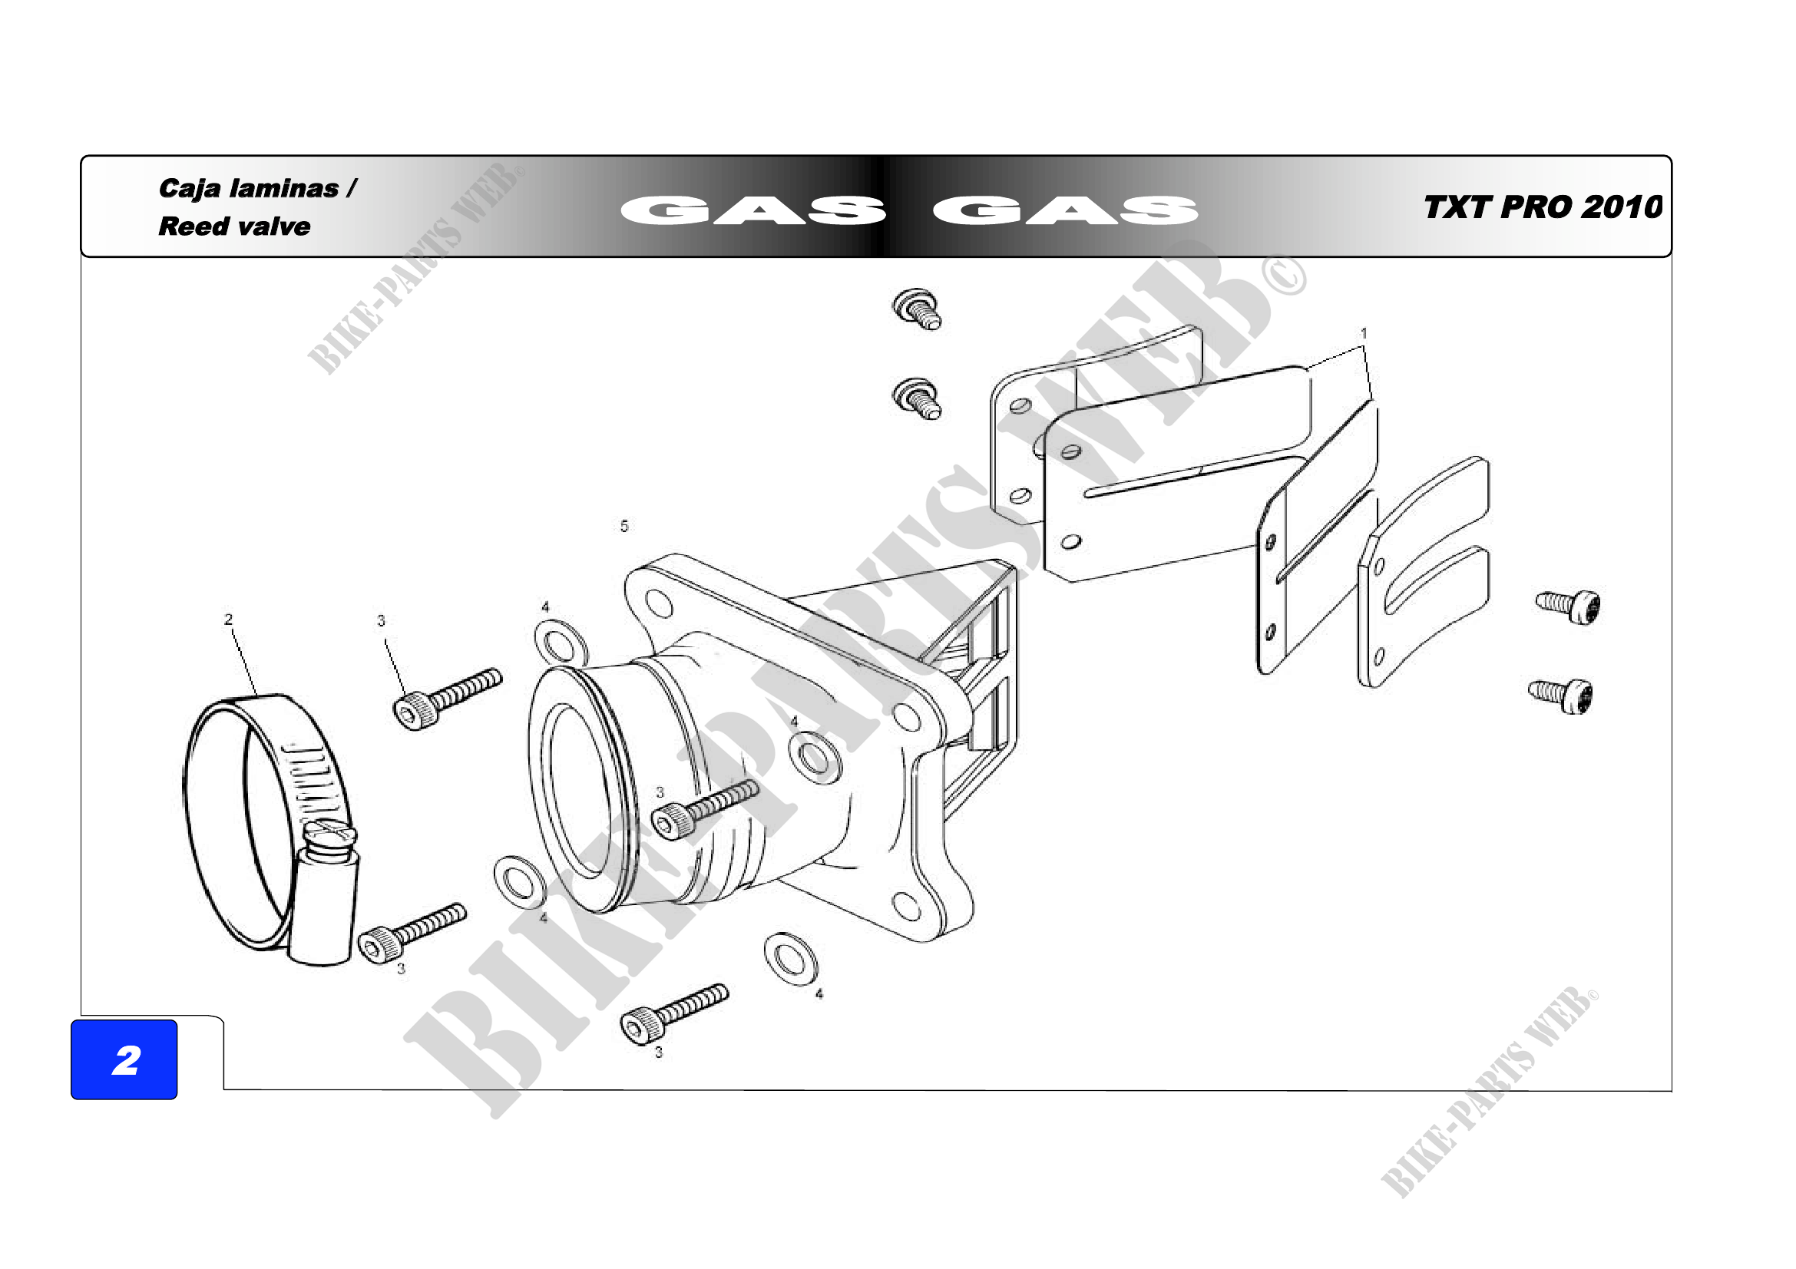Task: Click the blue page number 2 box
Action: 124,1059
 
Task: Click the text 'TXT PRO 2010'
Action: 1543,207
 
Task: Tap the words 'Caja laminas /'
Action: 257,189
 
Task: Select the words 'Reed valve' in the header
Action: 234,226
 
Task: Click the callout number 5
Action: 624,526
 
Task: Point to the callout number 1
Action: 1364,333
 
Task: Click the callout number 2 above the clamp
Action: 228,620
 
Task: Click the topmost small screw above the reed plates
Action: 918,309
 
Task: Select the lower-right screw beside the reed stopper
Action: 1561,695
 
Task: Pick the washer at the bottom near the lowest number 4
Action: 790,960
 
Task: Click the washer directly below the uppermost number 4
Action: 561,643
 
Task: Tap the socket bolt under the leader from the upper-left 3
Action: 447,699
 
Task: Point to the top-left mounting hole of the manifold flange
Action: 660,603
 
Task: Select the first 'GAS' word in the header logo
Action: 753,210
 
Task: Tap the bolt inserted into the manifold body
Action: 705,809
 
